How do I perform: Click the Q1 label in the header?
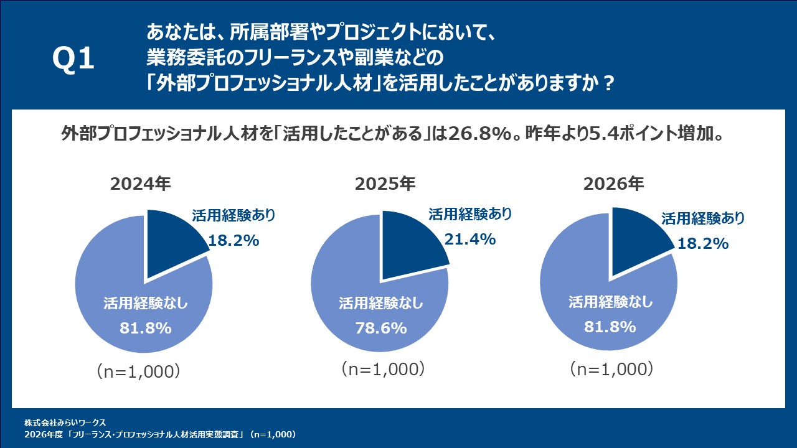pos(73,60)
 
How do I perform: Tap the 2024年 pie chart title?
pos(140,185)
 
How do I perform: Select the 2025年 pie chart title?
pos(385,184)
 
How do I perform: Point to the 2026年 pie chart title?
pos(613,184)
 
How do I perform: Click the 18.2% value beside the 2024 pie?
pos(233,241)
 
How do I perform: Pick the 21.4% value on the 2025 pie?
pos(470,239)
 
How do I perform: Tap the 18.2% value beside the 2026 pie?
pos(703,243)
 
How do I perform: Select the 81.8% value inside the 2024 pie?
pos(145,328)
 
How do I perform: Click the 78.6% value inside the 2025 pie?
pos(381,328)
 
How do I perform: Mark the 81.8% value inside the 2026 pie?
pos(610,326)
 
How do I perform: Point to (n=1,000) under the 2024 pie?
pos(139,371)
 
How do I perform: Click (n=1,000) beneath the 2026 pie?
pos(611,369)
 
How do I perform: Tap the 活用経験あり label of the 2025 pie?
pos(470,215)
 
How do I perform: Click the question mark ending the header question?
pos(610,83)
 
